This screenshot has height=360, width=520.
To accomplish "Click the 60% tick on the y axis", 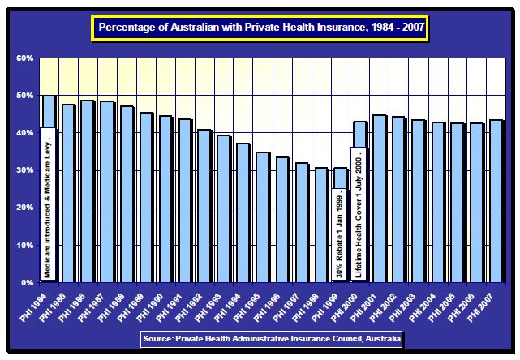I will [24, 58].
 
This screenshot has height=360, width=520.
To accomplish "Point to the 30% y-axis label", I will [24, 170].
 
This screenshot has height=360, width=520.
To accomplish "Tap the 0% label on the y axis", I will [27, 282].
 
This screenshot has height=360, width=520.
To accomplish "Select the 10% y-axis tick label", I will [24, 245].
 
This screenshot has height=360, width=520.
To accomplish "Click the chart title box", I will [260, 28].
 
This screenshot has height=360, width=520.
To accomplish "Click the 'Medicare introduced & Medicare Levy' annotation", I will [48, 203].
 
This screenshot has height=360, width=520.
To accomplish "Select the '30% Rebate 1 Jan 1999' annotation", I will [340, 235].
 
